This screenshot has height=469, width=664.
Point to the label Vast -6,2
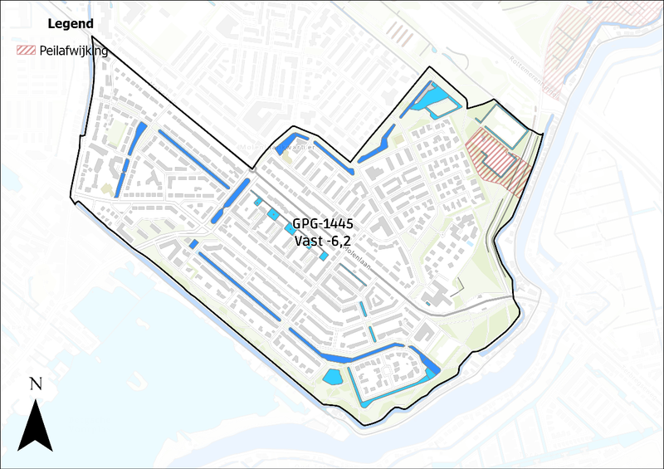[325, 241]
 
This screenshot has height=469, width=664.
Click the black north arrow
[35, 423]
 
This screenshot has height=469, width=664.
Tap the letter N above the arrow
[36, 384]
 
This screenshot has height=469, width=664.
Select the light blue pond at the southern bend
[333, 377]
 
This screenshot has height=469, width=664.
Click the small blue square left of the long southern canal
[193, 244]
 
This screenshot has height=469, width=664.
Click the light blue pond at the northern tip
[435, 101]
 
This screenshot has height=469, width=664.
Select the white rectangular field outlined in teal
[505, 129]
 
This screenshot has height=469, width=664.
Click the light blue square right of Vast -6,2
[324, 256]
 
